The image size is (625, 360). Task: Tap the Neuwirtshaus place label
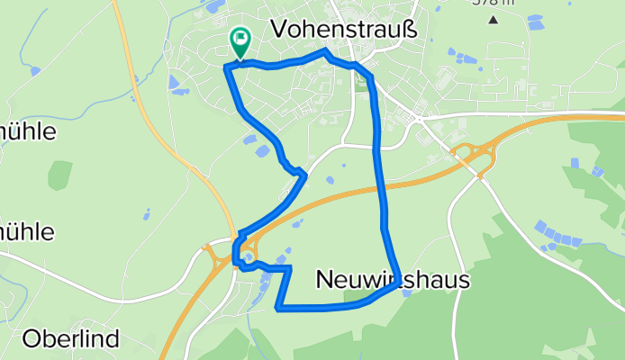394,281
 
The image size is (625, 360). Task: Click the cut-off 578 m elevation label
492,3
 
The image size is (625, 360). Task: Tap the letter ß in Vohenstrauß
411,29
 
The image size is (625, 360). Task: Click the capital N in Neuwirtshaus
325,281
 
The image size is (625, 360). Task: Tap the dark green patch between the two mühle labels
59,175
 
